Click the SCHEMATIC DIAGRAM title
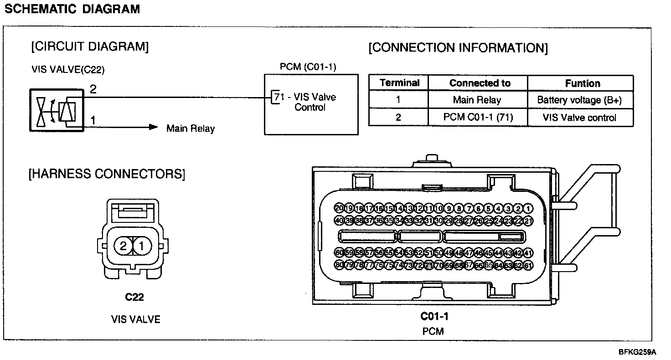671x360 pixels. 72,9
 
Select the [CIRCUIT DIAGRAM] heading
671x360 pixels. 90,46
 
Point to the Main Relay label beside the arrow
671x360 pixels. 190,129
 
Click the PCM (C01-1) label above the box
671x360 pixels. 308,67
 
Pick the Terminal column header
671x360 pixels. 399,83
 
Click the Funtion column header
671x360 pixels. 582,83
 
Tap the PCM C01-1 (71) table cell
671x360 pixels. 478,117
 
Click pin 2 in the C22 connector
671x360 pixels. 123,247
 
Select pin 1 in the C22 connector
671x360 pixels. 142,247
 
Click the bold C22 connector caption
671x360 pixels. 134,298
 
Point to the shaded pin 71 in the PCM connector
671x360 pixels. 428,265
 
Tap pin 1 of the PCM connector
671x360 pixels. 528,209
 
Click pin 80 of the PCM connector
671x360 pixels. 339,265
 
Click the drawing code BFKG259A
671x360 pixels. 637,352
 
